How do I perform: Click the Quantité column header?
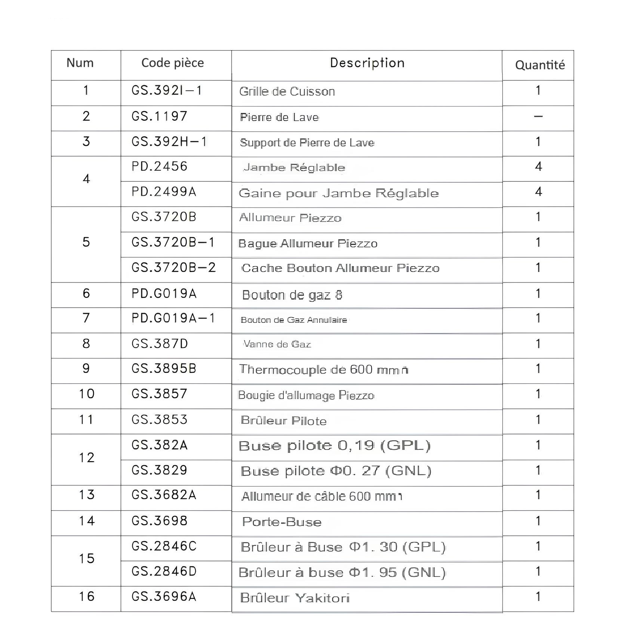click(x=539, y=65)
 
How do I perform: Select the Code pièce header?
click(x=172, y=63)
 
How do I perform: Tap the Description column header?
click(x=367, y=63)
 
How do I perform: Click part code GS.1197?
click(x=159, y=116)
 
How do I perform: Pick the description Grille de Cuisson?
click(x=287, y=92)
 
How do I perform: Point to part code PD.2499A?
click(x=164, y=192)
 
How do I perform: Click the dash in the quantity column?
click(x=538, y=116)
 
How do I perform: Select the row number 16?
click(x=86, y=596)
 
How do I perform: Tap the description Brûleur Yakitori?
click(x=295, y=598)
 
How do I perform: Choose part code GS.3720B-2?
click(x=173, y=268)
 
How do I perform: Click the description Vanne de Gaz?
click(x=277, y=344)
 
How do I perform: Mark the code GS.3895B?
click(x=164, y=369)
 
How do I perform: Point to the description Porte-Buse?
click(x=281, y=522)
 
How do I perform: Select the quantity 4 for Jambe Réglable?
click(x=538, y=167)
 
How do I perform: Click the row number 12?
click(x=86, y=458)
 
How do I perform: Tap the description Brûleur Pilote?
click(x=283, y=421)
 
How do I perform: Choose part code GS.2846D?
click(x=164, y=571)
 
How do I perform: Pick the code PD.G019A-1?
click(x=173, y=318)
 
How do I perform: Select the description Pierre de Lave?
click(x=279, y=117)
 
